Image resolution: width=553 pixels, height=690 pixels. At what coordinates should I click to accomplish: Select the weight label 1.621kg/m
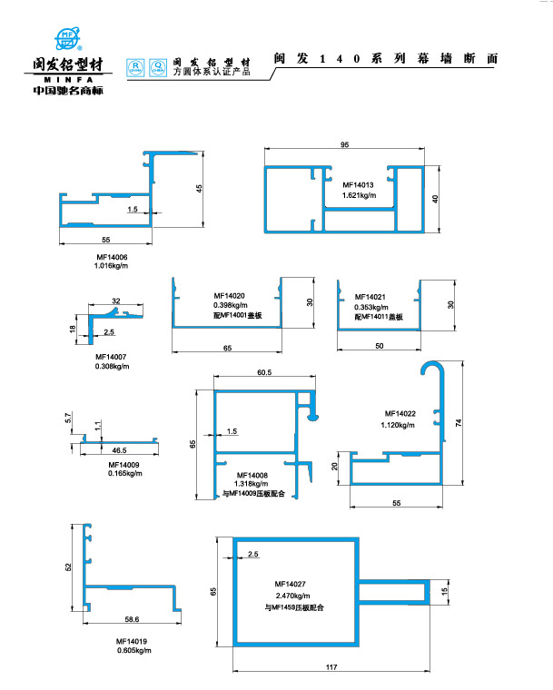point(360,195)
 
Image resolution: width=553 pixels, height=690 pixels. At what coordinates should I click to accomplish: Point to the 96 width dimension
point(345,146)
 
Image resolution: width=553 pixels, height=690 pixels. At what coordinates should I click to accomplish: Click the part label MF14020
point(231,296)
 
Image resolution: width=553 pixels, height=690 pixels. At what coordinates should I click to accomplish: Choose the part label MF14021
point(370,297)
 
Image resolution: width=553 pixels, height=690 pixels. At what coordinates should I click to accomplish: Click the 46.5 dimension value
point(120,449)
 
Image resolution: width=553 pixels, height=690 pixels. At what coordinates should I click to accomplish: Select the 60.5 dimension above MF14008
point(265,373)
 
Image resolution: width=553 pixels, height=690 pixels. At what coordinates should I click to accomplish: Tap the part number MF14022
point(400,413)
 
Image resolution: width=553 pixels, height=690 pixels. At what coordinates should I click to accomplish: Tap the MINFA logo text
point(69,79)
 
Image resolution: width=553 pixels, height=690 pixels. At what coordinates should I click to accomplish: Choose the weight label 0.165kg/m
point(123,473)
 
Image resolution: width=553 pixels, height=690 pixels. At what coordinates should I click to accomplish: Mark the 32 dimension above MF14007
point(116,301)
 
